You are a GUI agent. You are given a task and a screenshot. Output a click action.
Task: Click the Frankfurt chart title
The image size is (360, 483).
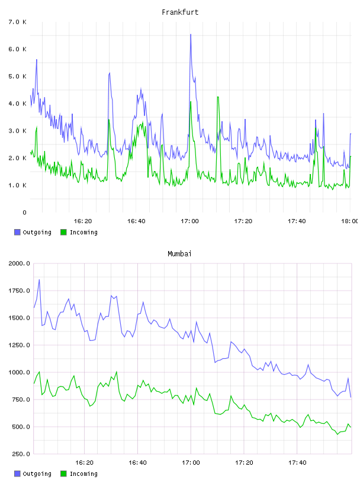pyautogui.click(x=180, y=12)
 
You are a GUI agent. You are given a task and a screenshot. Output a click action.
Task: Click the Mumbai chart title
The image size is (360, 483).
pyautogui.click(x=179, y=254)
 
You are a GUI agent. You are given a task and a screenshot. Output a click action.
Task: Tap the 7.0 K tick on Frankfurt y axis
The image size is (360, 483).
pyautogui.click(x=17, y=22)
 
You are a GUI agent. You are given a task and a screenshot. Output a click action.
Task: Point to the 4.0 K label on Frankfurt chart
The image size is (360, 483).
pyautogui.click(x=17, y=104)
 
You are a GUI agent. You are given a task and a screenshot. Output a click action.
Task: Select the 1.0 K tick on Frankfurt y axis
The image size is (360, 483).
pyautogui.click(x=17, y=185)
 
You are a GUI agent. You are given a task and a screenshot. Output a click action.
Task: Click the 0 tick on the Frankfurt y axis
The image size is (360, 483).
pyautogui.click(x=24, y=212)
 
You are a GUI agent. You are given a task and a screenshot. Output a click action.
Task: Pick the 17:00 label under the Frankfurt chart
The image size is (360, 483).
pyautogui.click(x=189, y=221)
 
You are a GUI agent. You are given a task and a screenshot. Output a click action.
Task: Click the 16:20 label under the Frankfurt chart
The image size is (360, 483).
pyautogui.click(x=83, y=221)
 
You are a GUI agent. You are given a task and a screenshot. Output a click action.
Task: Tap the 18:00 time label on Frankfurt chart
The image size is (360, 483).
pyautogui.click(x=349, y=221)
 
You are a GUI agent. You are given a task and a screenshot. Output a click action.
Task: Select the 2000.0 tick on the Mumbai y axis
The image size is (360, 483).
pyautogui.click(x=19, y=263)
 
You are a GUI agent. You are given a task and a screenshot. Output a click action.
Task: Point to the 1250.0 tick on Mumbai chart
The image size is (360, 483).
pyautogui.click(x=19, y=345)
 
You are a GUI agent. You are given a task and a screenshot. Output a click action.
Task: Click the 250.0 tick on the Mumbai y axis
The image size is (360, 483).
pyautogui.click(x=20, y=454)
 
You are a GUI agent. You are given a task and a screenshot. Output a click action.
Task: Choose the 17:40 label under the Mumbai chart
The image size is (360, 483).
pyautogui.click(x=297, y=463)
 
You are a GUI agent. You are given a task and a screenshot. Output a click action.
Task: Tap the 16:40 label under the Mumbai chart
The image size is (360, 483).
pyautogui.click(x=137, y=463)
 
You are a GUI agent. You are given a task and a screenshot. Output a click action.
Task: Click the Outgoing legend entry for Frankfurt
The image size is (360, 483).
pyautogui.click(x=33, y=232)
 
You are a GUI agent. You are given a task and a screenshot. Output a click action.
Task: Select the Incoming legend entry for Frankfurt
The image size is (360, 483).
pyautogui.click(x=79, y=232)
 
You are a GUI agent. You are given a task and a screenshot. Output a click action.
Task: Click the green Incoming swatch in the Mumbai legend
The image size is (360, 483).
pyautogui.click(x=63, y=474)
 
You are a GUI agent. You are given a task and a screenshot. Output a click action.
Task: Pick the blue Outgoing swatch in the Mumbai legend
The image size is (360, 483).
pyautogui.click(x=17, y=474)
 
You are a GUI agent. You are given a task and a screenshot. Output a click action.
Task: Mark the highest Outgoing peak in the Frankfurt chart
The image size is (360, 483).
pyautogui.click(x=191, y=34)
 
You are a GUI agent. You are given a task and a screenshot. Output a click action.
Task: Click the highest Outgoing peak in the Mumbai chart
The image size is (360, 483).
pyautogui.click(x=39, y=280)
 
